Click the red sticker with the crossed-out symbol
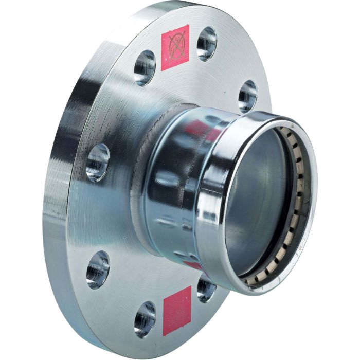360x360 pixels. tap(175, 47)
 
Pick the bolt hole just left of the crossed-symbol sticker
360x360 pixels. tap(145, 67)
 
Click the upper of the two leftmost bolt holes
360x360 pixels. tap(97, 162)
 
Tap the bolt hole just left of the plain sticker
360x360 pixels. tap(145, 318)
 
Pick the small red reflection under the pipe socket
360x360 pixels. tap(192, 264)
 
